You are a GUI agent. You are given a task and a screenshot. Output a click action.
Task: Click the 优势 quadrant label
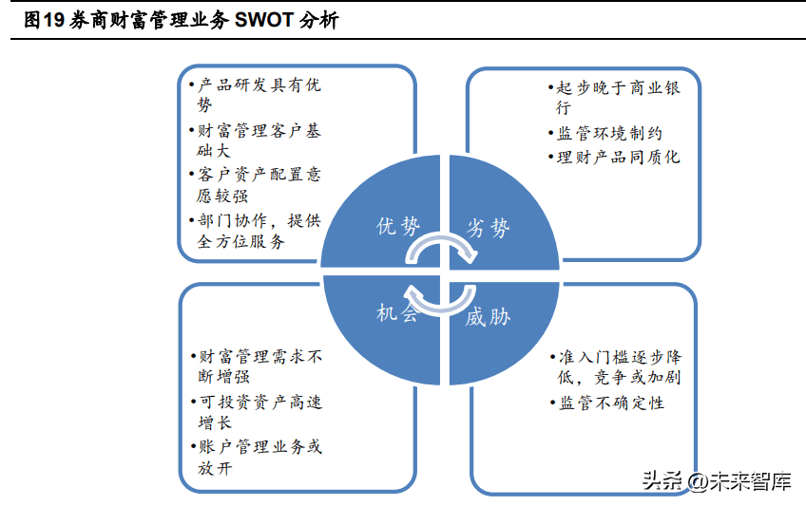pyautogui.click(x=398, y=226)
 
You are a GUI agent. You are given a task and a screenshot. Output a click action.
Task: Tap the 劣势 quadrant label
pyautogui.click(x=488, y=227)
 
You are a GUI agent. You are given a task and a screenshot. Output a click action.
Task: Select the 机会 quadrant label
pyautogui.click(x=397, y=312)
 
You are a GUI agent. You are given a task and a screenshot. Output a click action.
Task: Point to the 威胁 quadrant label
pyautogui.click(x=488, y=317)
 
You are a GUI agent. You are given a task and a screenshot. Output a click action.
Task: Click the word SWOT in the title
pyautogui.click(x=263, y=20)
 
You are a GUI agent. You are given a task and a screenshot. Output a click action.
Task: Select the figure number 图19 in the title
pyautogui.click(x=45, y=20)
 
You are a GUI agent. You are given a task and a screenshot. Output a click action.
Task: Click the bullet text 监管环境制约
pyautogui.click(x=605, y=134)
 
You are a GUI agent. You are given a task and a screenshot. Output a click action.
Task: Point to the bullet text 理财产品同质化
pyautogui.click(x=614, y=157)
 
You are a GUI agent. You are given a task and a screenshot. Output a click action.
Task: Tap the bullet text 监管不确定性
pyautogui.click(x=607, y=403)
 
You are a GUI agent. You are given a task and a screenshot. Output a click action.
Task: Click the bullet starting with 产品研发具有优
pyautogui.click(x=255, y=94)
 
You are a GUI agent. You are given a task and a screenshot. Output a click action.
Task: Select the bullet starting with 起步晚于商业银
pyautogui.click(x=614, y=98)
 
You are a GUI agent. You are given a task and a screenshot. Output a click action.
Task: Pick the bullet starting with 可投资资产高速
pyautogui.click(x=257, y=412)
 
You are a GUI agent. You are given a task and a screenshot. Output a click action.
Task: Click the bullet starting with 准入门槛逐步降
pyautogui.click(x=616, y=367)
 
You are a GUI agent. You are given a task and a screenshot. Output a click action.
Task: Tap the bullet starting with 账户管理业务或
pyautogui.click(x=257, y=457)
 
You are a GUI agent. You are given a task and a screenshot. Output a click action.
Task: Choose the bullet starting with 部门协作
pyautogui.click(x=255, y=231)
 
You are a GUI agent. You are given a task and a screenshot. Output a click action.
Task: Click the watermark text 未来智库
pyautogui.click(x=751, y=481)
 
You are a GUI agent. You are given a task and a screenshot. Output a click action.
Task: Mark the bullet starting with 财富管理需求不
pyautogui.click(x=257, y=366)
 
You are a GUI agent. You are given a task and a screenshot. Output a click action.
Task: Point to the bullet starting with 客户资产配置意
pyautogui.click(x=255, y=185)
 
